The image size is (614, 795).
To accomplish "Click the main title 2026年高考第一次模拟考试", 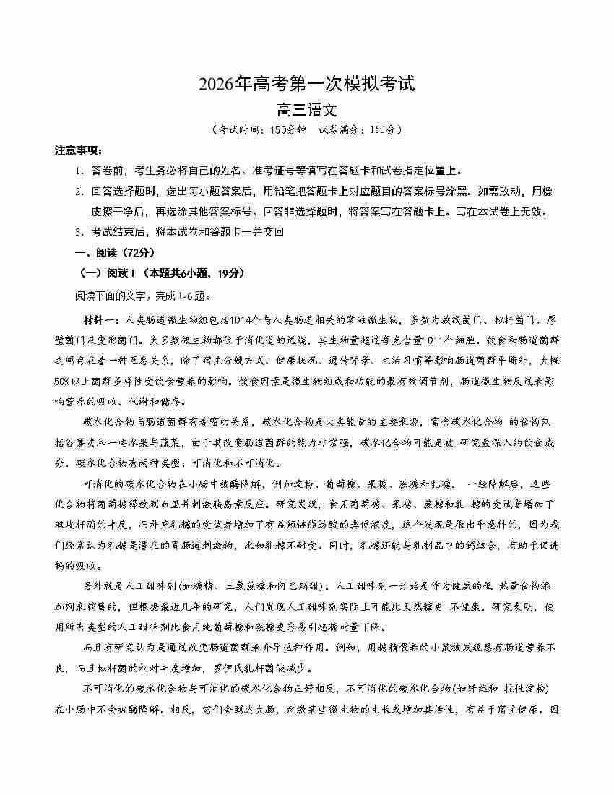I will [307, 85].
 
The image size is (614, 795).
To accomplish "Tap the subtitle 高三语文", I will [307, 111].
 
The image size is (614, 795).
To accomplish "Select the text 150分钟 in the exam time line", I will [288, 130].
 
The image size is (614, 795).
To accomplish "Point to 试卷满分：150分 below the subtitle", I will [361, 130].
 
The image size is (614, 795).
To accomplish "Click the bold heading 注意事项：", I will [79, 150].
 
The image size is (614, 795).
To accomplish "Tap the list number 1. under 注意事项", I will [79, 171].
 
